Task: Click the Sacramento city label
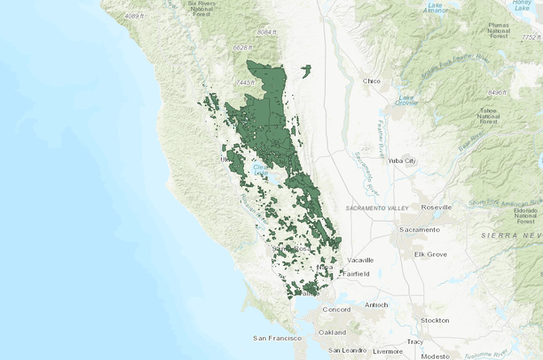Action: coord(419,230)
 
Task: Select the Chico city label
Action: coord(371,82)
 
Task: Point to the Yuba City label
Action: coord(402,160)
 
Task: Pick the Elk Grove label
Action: coord(430,254)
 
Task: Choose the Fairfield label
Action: coord(353,274)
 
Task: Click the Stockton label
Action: coord(435,319)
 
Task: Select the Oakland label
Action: coord(332,332)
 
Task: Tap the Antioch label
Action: coord(376,306)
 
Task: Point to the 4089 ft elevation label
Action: coord(136,16)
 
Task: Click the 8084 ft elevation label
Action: coord(267,32)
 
